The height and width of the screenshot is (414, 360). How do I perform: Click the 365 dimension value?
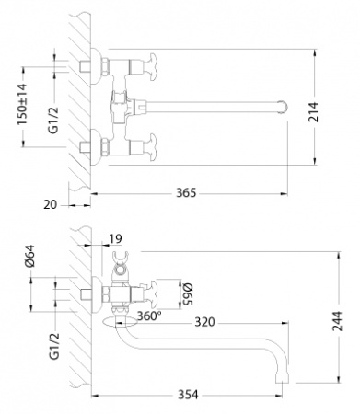[x=186, y=193]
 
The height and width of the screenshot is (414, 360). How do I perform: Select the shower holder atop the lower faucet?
[x=116, y=269]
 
